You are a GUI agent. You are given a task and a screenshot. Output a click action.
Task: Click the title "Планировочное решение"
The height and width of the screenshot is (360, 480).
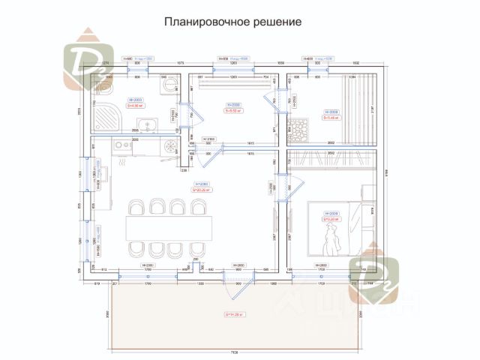coord(233,22)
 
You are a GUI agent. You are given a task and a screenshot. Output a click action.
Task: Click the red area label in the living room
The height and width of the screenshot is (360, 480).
coord(199,189)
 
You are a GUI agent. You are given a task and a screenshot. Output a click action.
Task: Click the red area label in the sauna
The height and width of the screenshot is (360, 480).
coord(331,117)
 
